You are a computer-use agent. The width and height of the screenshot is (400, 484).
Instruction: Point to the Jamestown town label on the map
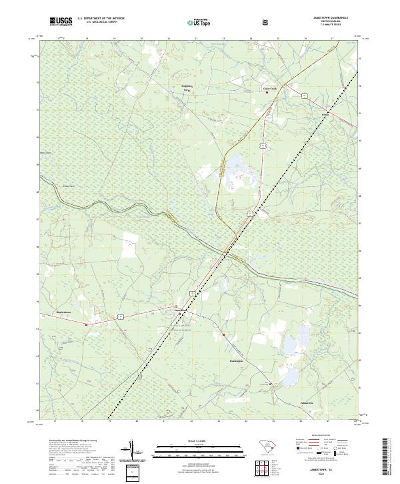[180, 310]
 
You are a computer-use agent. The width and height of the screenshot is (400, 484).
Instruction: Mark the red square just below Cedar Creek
[267, 93]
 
